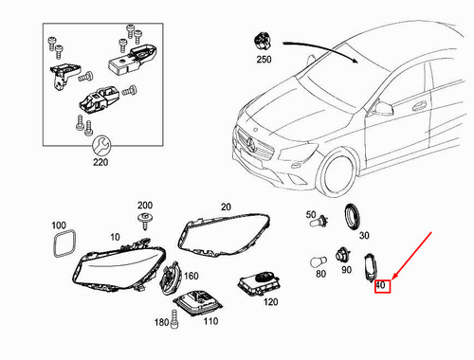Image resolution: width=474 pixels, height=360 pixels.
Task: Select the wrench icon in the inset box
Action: click(102, 145)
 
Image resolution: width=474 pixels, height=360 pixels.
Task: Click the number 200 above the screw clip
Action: click(144, 206)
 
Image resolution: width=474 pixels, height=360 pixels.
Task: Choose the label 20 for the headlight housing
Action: click(226, 207)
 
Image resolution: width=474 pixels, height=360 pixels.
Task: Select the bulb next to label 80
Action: click(321, 257)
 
